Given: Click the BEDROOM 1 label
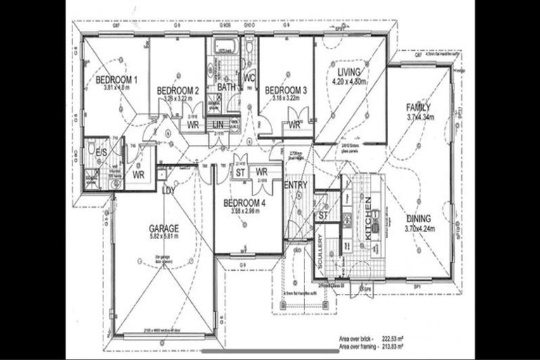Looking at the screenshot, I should pos(116,80).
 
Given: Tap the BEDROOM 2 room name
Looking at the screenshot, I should pos(178,91).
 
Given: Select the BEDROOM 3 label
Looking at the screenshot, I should pos(285,90).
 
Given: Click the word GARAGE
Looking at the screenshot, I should pos(163,229).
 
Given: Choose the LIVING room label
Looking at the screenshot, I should pos(349,72).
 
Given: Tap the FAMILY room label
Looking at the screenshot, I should pos(418,108).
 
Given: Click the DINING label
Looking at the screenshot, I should pos(420,218).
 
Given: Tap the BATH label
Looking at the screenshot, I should pos(227,87).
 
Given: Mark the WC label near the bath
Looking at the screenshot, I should pos(249,79).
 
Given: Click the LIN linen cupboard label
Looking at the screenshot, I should pos(219,124).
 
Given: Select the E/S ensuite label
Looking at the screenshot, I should pos(101,152).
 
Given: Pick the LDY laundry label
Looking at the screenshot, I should pos(168,191).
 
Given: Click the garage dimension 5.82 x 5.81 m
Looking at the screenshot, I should pos(162,238).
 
